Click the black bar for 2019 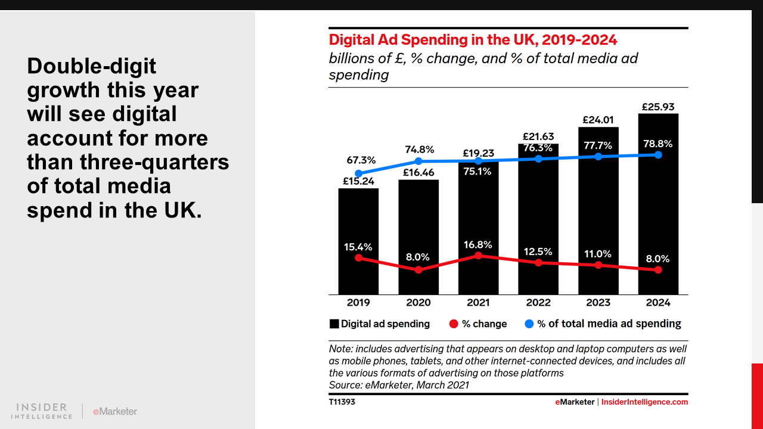(358, 238)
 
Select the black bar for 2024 (658, 203)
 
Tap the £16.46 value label (418, 173)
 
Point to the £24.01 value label (598, 120)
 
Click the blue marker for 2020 (418, 161)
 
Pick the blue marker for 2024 (658, 155)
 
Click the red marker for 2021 (478, 256)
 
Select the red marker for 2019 (358, 258)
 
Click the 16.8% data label (478, 244)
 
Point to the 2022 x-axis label (538, 303)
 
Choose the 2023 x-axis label (598, 303)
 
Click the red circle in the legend (454, 324)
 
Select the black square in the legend (334, 324)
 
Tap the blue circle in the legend (529, 324)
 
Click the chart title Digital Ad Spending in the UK (473, 40)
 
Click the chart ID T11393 (342, 402)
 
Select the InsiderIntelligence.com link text (644, 402)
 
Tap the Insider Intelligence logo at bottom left (42, 411)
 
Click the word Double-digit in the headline (91, 66)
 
